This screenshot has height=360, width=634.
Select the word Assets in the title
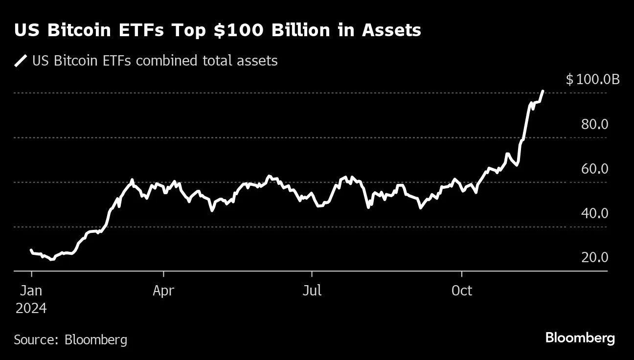click(391, 30)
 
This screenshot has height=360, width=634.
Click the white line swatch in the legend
click(21, 61)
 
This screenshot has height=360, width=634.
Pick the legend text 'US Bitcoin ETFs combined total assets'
click(155, 61)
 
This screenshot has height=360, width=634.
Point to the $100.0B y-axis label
click(592, 79)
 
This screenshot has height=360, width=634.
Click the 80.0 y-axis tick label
click(594, 124)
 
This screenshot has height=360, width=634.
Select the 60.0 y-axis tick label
click(594, 169)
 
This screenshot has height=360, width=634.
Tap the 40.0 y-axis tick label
click(594, 213)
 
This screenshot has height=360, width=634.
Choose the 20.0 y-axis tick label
click(594, 257)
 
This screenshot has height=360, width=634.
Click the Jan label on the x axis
click(31, 291)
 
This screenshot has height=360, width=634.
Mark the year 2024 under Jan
click(31, 309)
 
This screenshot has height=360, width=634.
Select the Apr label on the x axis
click(163, 291)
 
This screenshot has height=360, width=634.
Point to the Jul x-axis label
click(312, 291)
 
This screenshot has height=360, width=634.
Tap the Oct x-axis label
click(461, 291)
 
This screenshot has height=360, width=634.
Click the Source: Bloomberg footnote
click(70, 339)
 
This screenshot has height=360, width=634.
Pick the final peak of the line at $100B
click(543, 91)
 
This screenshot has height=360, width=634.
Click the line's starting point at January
click(31, 250)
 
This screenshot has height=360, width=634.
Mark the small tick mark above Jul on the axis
click(312, 273)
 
